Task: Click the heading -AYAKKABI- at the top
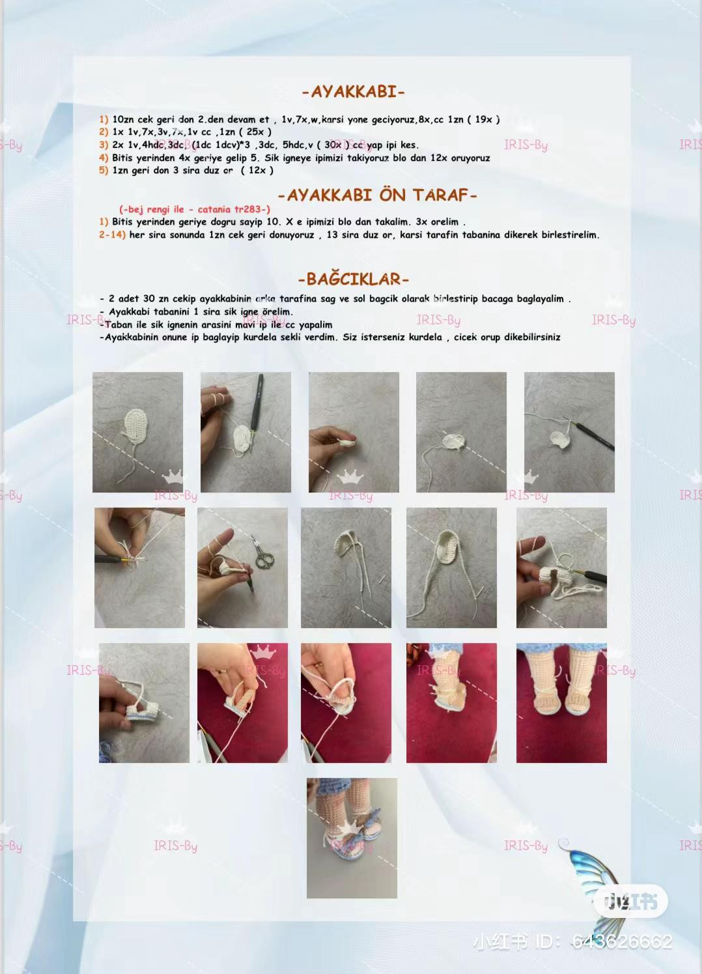coord(354,92)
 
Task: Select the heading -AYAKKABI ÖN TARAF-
coord(377,195)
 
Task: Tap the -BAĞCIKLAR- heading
coord(354,279)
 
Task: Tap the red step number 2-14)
coord(112,235)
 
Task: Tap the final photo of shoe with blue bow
coord(352,838)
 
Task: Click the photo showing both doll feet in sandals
coord(561,702)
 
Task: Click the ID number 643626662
coord(622,941)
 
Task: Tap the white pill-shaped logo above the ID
coord(630,902)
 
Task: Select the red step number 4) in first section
coord(104,158)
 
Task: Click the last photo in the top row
coord(569,432)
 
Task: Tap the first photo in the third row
coord(144,702)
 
